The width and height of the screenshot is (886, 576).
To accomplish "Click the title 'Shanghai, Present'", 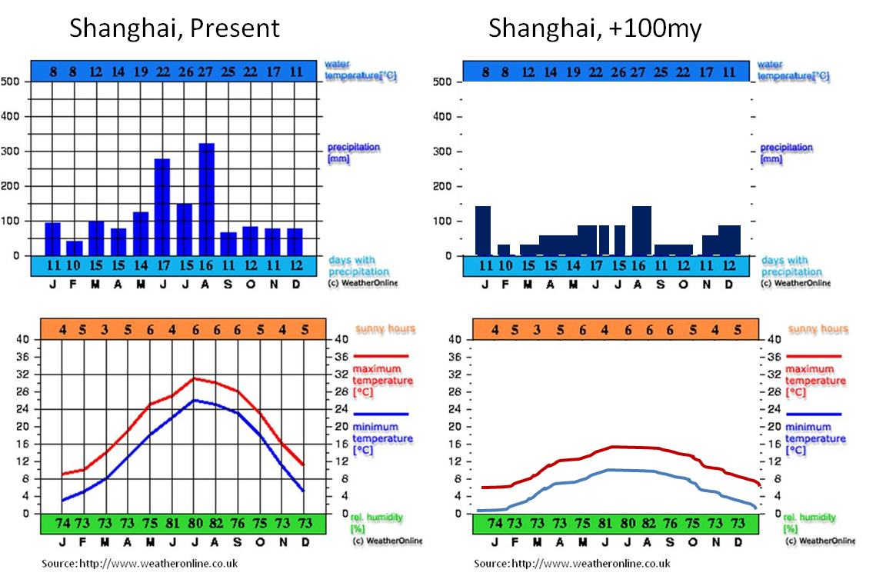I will [174, 28].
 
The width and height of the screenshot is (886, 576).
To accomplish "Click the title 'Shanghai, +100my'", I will [595, 28].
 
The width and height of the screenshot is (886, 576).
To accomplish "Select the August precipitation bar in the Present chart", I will [206, 199].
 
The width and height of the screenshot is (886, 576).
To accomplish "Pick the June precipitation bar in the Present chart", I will [162, 207].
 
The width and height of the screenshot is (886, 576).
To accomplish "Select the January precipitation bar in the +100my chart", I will [483, 230].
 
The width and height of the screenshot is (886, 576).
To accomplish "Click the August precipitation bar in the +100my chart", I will [641, 230].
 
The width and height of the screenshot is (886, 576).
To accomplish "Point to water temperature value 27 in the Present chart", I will [206, 72].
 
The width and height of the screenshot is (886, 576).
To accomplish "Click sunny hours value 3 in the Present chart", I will [105, 330].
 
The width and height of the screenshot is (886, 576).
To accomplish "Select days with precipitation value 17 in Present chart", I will [162, 266].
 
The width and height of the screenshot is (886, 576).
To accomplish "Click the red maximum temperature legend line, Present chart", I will [381, 356].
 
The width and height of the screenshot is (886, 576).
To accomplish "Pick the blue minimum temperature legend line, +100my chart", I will [814, 414].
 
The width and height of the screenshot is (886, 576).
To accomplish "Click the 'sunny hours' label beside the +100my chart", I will [818, 329].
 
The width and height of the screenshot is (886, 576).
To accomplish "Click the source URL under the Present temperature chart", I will [139, 564].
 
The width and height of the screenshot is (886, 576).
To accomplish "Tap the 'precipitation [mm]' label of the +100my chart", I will [787, 153].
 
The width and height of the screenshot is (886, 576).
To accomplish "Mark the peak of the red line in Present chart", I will [195, 378].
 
